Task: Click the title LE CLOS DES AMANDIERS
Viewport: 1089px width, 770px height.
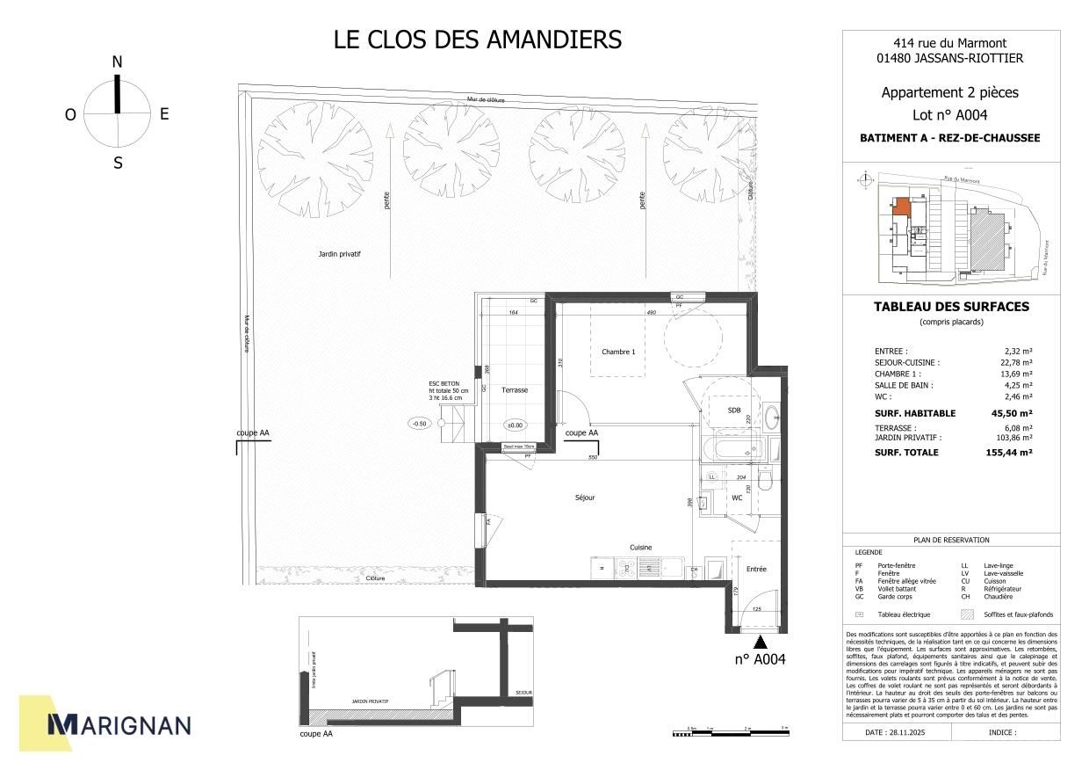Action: [x=478, y=40]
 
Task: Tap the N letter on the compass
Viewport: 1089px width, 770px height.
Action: [x=117, y=62]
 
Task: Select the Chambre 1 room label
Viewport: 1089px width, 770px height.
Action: [x=617, y=352]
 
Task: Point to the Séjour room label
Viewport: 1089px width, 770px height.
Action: [x=585, y=498]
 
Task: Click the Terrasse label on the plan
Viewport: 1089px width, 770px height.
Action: [x=514, y=389]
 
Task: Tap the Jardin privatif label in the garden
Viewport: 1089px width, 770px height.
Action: [x=340, y=254]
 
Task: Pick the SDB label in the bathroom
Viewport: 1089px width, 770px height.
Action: [x=734, y=410]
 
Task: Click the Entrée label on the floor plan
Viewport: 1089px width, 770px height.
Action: [x=756, y=569]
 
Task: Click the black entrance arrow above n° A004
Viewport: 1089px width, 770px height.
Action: [x=760, y=644]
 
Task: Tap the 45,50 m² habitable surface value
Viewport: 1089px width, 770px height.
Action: [x=1014, y=413]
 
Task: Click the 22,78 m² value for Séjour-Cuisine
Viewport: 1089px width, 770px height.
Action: [x=1016, y=362]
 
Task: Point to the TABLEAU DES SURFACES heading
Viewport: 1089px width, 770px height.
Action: [x=951, y=307]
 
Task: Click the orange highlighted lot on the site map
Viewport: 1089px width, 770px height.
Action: [x=900, y=207]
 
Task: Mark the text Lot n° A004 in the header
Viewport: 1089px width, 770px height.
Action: [x=950, y=115]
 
